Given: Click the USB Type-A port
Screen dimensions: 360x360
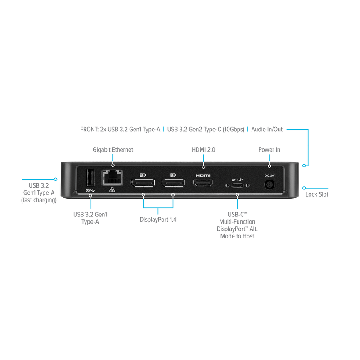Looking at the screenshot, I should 90,178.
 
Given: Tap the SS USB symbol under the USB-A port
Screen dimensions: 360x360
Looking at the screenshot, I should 90,190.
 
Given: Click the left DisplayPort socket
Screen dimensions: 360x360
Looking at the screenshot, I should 143,183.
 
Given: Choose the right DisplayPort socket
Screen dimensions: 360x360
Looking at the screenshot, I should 173,183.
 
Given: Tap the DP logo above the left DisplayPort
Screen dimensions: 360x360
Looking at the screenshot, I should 144,174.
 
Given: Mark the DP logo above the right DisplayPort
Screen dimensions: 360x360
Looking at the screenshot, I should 172,174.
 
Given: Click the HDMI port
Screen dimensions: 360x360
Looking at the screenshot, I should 203,183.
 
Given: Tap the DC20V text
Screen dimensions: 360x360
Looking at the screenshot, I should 269,175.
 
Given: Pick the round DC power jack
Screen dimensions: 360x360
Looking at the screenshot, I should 270,184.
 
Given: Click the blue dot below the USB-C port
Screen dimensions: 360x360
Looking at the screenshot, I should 237,195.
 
